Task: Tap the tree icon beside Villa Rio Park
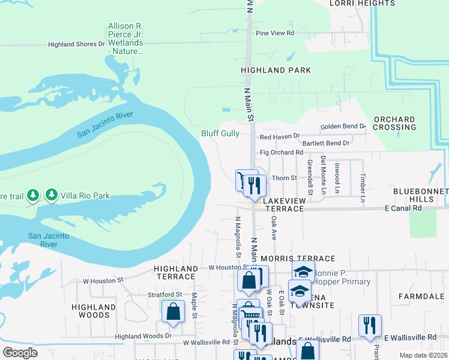pos(52,195)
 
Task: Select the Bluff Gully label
pos(220,134)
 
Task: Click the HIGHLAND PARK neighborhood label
pos(276,70)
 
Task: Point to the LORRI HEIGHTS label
pos(363,3)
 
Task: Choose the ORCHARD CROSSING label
pos(394,123)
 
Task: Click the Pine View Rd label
pos(275,33)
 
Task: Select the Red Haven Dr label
pos(279,137)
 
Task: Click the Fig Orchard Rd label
pos(282,152)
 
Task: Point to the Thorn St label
pos(285,178)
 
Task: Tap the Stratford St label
pos(165,295)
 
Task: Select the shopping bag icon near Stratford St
pos(173,312)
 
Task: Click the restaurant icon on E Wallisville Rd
pos(370,325)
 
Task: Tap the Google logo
pos(20,352)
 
